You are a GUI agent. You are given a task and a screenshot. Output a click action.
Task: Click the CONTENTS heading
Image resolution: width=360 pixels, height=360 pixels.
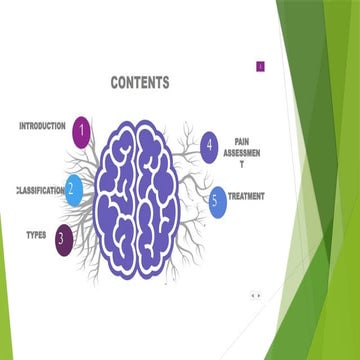(139, 83)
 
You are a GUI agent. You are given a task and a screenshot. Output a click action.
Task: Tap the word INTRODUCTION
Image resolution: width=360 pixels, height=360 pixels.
(42, 126)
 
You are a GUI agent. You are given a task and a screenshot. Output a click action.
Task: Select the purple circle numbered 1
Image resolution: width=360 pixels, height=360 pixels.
(82, 128)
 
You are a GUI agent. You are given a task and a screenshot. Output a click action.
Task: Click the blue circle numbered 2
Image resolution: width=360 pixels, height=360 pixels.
(72, 188)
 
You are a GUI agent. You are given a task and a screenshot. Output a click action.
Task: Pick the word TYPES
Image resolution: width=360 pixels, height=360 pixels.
(35, 235)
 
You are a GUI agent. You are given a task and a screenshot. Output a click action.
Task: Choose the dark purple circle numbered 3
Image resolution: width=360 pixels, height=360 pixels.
(63, 239)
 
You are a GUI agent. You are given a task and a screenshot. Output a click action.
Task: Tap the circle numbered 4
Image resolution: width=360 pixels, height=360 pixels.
(209, 147)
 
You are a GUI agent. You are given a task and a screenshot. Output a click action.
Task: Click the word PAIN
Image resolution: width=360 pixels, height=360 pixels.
(242, 142)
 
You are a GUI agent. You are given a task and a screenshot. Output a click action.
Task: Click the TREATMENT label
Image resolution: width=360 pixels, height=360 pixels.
(246, 196)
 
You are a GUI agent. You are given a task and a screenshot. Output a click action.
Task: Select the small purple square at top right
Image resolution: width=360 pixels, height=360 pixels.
(260, 66)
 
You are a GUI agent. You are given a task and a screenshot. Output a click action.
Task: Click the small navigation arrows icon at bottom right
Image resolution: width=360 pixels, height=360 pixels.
(256, 295)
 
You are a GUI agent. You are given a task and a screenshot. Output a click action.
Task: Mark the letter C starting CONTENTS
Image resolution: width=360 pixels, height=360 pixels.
(114, 83)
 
